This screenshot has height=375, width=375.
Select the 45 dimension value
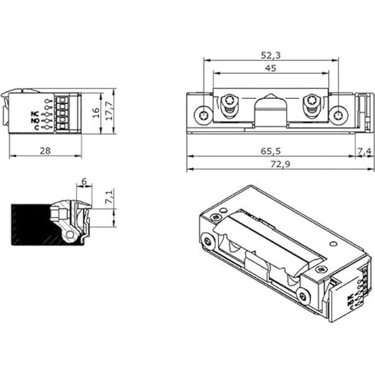(x=271, y=68)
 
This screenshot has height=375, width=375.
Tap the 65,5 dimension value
(x=271, y=151)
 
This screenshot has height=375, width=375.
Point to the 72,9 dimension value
(x=271, y=165)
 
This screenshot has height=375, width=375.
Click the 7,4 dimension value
(x=365, y=151)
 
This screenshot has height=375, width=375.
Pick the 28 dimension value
(x=45, y=151)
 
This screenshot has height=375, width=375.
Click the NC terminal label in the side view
(x=35, y=113)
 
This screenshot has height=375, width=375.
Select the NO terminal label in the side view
(x=35, y=120)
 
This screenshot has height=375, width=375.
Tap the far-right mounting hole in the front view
(x=337, y=115)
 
